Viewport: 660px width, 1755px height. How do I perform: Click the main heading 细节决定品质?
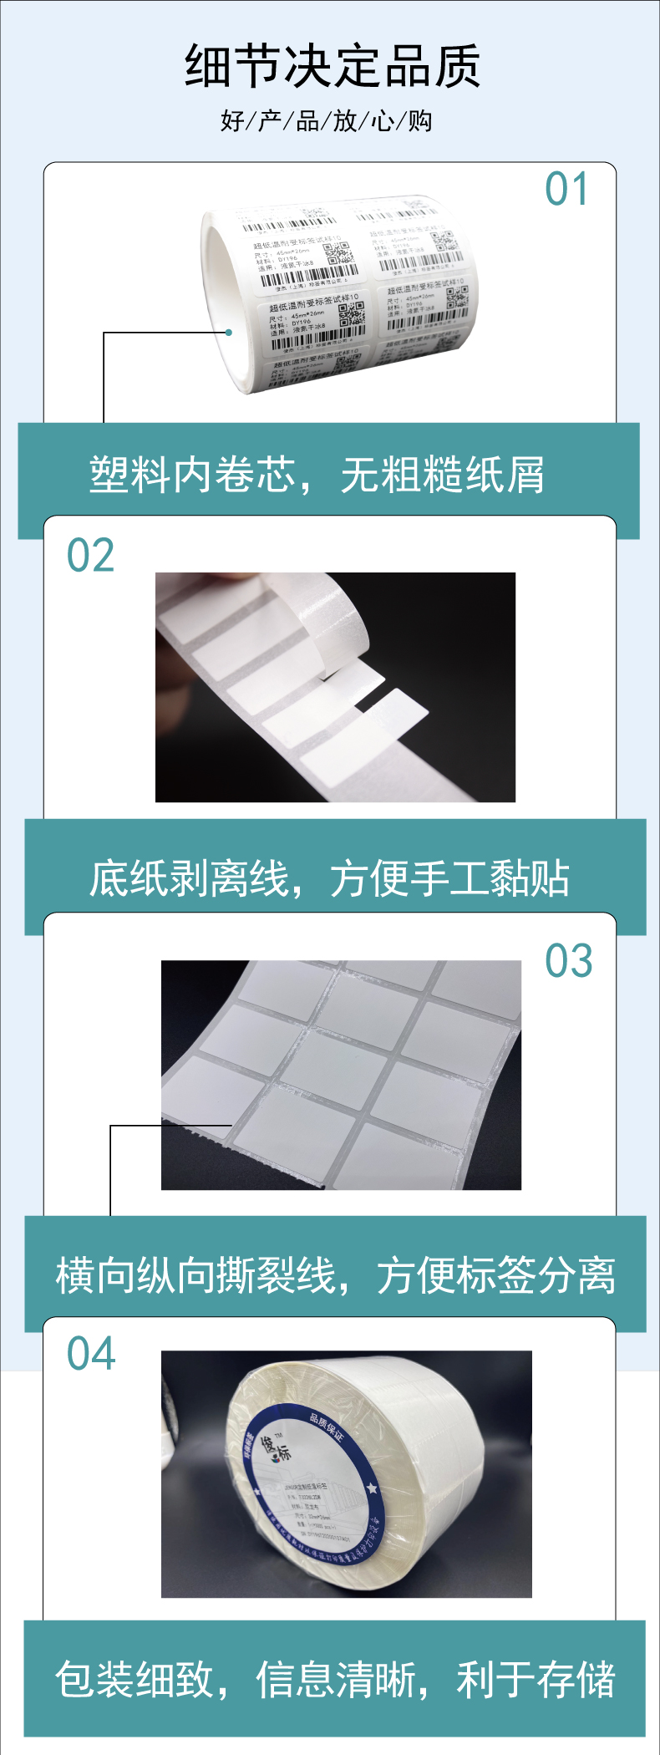(x=332, y=66)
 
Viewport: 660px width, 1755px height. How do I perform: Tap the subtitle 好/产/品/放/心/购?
(x=327, y=121)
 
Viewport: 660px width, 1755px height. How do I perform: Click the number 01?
(x=567, y=189)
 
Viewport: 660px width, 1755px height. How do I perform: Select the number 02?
(x=90, y=556)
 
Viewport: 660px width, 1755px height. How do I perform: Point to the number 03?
(x=569, y=961)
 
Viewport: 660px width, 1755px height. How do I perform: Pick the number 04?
(x=91, y=1354)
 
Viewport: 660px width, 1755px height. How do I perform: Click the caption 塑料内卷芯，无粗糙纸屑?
(x=317, y=476)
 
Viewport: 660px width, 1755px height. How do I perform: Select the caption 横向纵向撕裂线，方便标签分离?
(x=335, y=1276)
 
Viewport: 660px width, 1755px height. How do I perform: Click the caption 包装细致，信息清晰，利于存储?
(x=335, y=1680)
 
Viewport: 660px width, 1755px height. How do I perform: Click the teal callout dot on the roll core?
(x=228, y=333)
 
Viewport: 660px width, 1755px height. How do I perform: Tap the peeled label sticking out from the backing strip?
(x=398, y=709)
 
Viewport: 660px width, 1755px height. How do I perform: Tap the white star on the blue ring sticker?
(x=372, y=1488)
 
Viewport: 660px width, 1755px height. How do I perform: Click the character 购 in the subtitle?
(x=420, y=121)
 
